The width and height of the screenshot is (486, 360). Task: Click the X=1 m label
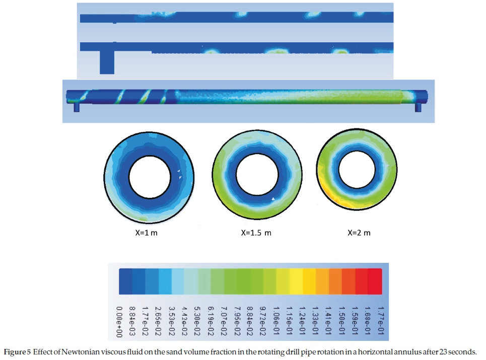[x=146, y=233]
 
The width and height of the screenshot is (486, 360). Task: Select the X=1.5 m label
[x=256, y=233]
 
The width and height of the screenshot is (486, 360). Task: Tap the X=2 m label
[x=359, y=233]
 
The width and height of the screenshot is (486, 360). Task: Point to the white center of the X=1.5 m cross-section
[x=257, y=174]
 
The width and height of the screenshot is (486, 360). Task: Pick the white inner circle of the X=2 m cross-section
[x=357, y=170]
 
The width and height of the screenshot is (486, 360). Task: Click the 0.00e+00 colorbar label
[x=119, y=322]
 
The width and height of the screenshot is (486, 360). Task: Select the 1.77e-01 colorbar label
[x=381, y=320]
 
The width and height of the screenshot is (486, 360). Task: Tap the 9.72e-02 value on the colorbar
[x=263, y=320]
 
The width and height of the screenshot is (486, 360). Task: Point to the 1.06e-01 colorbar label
[x=276, y=320]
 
